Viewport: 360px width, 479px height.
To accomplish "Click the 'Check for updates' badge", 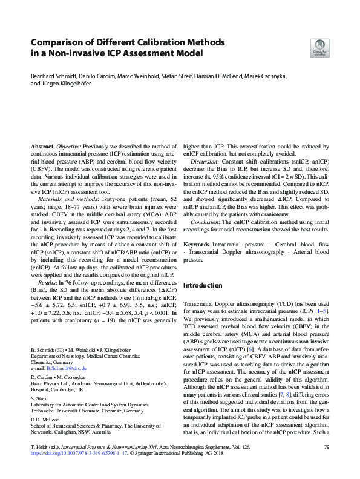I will (x=319, y=47).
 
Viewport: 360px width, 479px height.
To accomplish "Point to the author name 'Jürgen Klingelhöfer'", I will (x=67, y=84).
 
